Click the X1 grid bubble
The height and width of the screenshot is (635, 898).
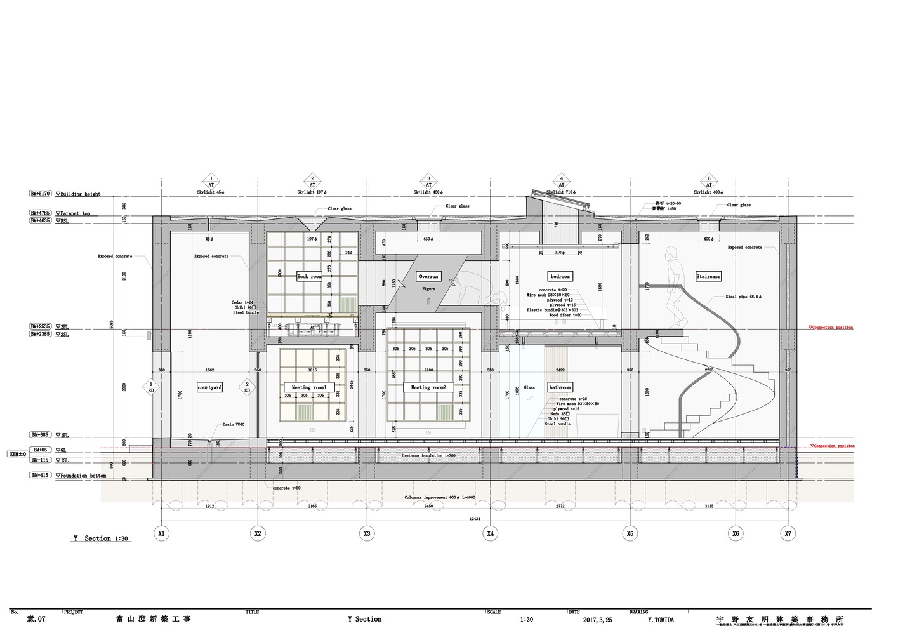pos(162,534)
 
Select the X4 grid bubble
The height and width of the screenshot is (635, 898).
pos(490,534)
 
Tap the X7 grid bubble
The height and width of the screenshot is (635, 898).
pos(788,534)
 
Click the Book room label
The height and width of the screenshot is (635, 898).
pos(309,277)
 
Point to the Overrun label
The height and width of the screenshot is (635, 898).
pos(428,277)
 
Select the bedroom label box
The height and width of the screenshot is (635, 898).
pos(560,277)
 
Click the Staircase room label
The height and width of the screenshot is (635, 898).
pos(708,277)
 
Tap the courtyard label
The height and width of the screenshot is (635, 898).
pos(209,387)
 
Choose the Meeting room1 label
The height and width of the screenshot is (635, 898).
pos(308,387)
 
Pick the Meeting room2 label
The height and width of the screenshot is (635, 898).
pos(428,387)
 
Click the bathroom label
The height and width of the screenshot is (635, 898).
pos(560,387)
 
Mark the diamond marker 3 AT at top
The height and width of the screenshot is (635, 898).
pos(428,181)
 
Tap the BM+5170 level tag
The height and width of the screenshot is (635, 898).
pos(41,194)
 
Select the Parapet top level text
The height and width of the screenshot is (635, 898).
pos(75,213)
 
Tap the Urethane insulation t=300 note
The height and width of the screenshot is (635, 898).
pos(428,456)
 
